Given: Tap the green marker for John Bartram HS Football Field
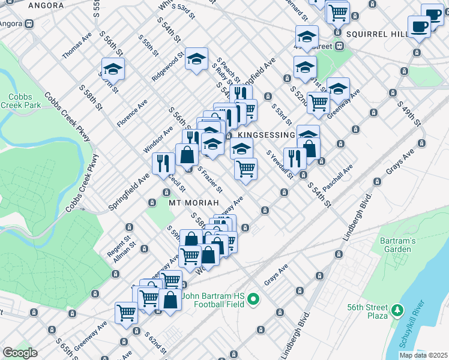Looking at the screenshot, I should (253, 298).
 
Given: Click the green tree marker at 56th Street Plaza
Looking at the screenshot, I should (396, 310).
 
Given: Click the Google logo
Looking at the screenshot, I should (20, 353).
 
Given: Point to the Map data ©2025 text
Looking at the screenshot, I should (423, 355).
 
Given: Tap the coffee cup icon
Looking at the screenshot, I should (420, 26).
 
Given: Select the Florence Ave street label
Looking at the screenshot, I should (132, 113).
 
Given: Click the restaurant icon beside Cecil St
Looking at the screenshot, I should (163, 163).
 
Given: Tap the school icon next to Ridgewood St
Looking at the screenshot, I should (196, 59).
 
